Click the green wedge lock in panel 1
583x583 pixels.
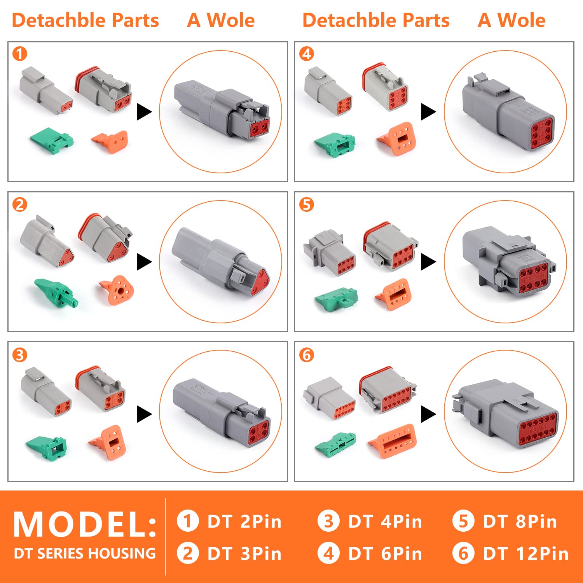[52, 140]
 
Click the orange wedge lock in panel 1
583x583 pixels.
[111, 142]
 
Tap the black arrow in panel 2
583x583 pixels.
[144, 262]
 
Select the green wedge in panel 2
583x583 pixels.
[56, 292]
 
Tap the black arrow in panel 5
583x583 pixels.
[428, 262]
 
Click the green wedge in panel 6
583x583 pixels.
[336, 443]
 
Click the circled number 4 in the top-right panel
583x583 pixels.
[307, 54]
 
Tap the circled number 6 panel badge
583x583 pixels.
[307, 355]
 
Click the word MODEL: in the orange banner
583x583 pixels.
[85, 524]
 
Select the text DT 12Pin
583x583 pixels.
[525, 553]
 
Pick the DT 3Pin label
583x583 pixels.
[244, 553]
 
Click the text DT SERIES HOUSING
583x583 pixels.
[85, 553]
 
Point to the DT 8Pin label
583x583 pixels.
[520, 522]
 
